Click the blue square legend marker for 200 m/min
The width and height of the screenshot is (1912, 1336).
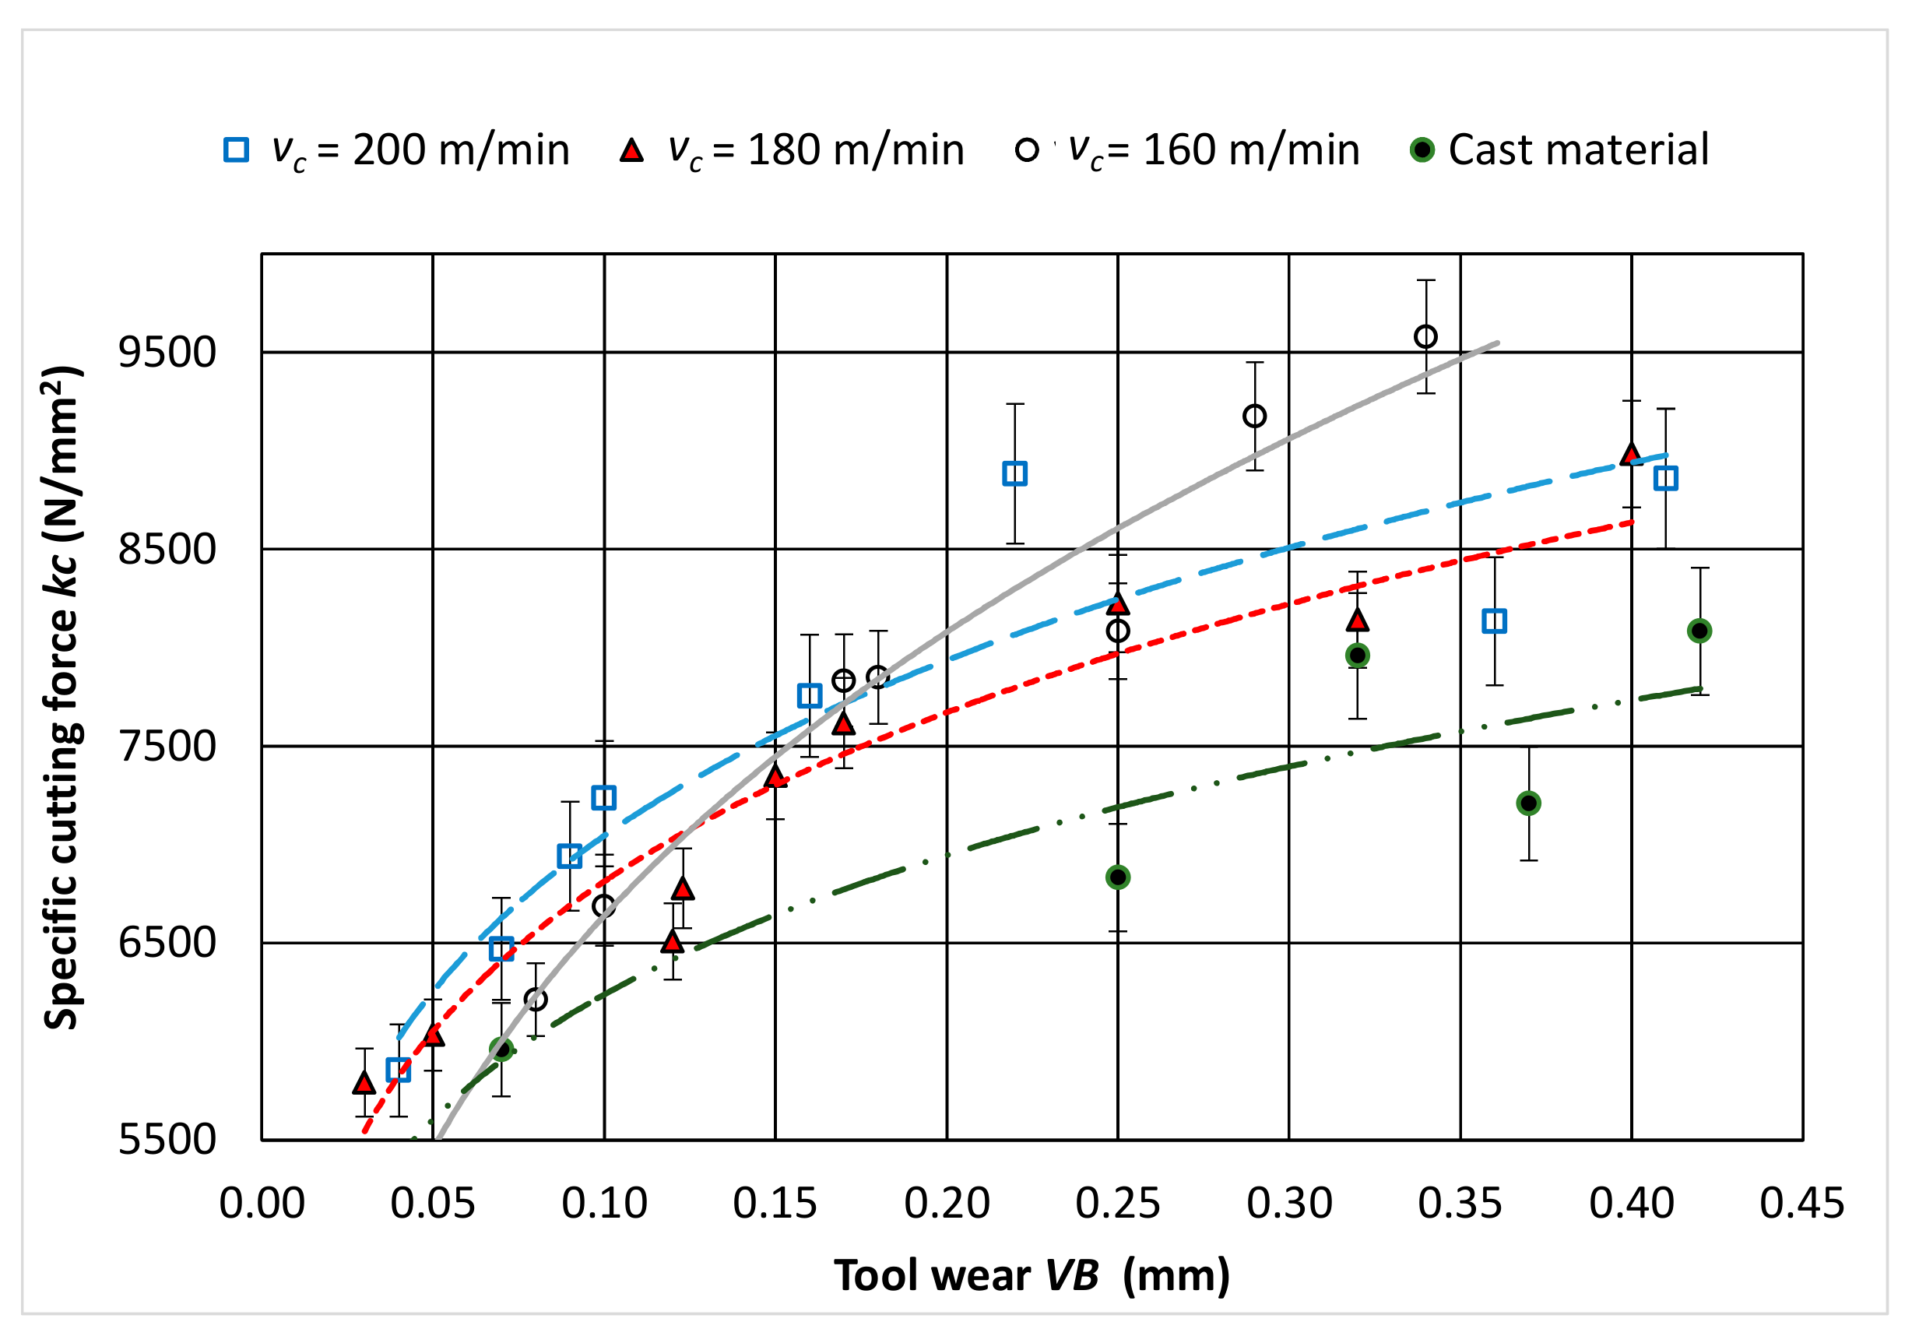tap(237, 150)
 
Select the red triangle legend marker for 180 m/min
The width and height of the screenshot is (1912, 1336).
tap(632, 150)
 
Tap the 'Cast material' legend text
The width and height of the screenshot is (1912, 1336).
tap(1578, 150)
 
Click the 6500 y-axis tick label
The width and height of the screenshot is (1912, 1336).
tap(167, 943)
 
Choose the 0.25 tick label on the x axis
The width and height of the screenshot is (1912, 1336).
tap(1118, 1204)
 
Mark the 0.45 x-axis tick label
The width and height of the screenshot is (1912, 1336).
tap(1802, 1204)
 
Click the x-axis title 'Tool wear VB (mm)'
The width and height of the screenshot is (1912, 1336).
tap(1032, 1275)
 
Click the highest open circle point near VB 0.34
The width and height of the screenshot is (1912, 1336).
tap(1425, 336)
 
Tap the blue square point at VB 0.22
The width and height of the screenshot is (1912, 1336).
tap(1014, 474)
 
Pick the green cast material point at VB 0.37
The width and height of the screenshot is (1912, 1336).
tap(1528, 803)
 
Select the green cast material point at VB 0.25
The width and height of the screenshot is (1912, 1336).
tap(1118, 877)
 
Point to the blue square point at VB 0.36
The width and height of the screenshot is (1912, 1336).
tap(1494, 621)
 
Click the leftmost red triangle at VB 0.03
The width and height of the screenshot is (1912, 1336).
tap(364, 1083)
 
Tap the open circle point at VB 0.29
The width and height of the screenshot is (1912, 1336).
tap(1254, 416)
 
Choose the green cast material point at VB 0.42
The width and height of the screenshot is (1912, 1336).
tap(1699, 631)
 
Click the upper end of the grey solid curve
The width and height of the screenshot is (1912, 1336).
tap(1496, 343)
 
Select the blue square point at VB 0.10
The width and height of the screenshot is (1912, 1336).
tap(604, 797)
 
